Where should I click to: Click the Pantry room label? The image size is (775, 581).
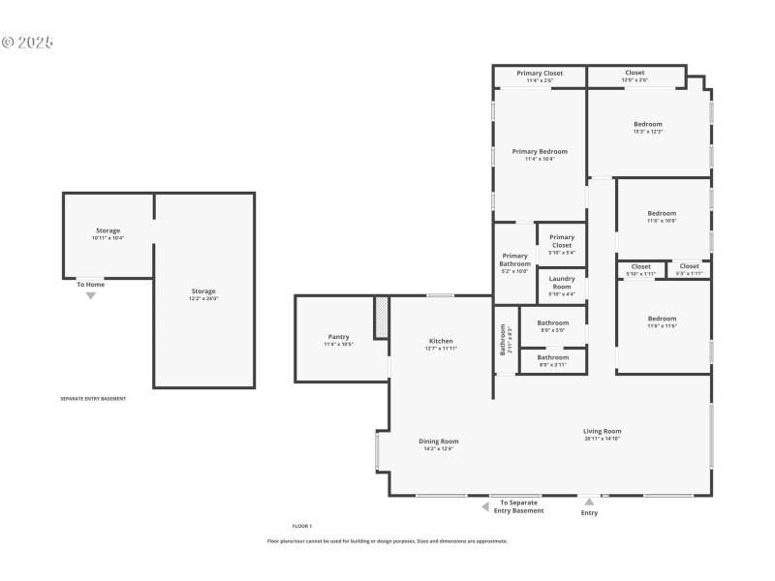[338, 337]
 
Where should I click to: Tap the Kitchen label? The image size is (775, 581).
[441, 341]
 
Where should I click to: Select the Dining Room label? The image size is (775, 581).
[438, 442]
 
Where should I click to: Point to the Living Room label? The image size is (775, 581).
[602, 431]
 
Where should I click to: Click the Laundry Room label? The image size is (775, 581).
[562, 279]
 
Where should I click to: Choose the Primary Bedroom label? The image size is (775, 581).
[540, 151]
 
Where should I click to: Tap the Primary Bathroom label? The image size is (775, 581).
[514, 260]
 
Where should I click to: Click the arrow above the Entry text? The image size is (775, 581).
[589, 502]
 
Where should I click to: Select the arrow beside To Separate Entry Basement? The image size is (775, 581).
[485, 505]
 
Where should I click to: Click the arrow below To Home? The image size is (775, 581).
[91, 295]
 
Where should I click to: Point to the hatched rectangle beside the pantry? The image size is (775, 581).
[382, 318]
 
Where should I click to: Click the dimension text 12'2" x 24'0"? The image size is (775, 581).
[203, 299]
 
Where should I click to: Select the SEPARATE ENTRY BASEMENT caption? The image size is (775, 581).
[93, 398]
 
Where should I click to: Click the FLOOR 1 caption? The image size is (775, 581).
[302, 526]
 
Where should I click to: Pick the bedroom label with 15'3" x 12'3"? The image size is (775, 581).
[648, 124]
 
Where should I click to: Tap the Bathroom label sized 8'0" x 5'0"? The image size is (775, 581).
[553, 322]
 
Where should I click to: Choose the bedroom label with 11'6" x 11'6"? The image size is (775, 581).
[662, 319]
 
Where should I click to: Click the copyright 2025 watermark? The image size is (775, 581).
[27, 43]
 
